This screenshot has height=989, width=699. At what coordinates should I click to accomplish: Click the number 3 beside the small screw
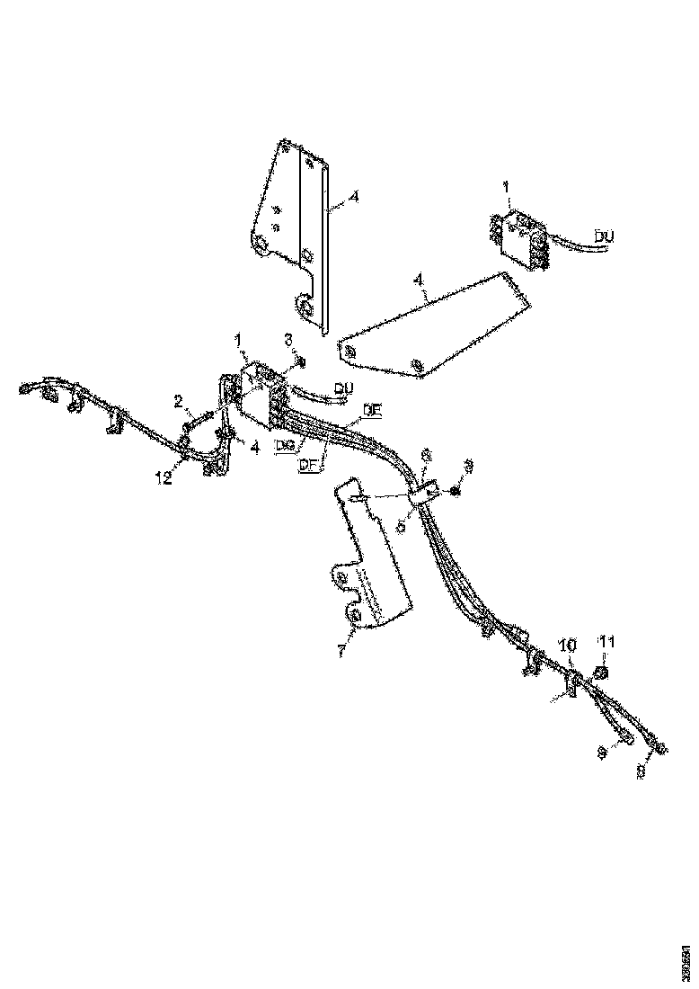pyautogui.click(x=288, y=339)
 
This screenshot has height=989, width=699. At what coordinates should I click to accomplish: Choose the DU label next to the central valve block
pyautogui.click(x=342, y=388)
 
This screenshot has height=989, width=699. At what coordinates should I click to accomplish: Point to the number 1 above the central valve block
pyautogui.click(x=238, y=340)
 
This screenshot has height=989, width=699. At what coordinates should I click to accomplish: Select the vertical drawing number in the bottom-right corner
pyautogui.click(x=686, y=958)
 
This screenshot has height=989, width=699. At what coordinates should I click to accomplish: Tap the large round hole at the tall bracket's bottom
pyautogui.click(x=307, y=309)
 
